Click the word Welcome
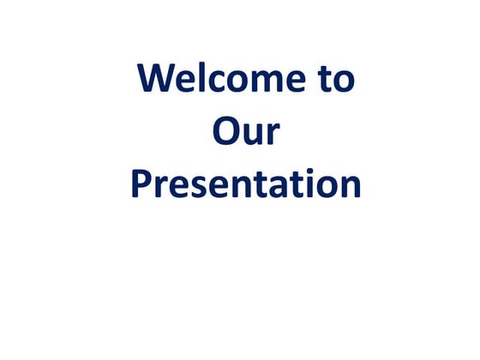218,79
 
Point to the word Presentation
245,184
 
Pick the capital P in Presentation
141,183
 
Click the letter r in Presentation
159,188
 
